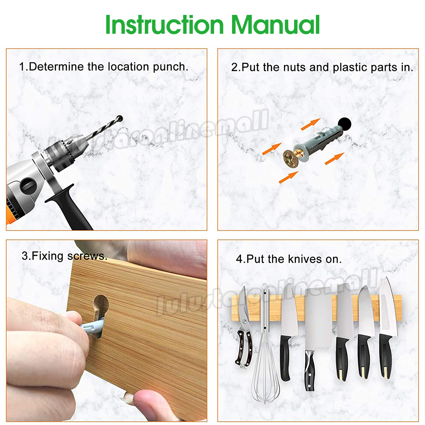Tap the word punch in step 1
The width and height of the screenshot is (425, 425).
tap(170, 67)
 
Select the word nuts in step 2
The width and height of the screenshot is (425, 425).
tap(295, 67)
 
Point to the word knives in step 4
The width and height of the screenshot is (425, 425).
tap(305, 259)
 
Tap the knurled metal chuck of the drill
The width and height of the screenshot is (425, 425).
tap(60, 156)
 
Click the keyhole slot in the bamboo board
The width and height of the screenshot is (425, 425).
tap(101, 314)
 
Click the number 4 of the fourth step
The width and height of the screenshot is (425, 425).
tap(239, 259)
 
